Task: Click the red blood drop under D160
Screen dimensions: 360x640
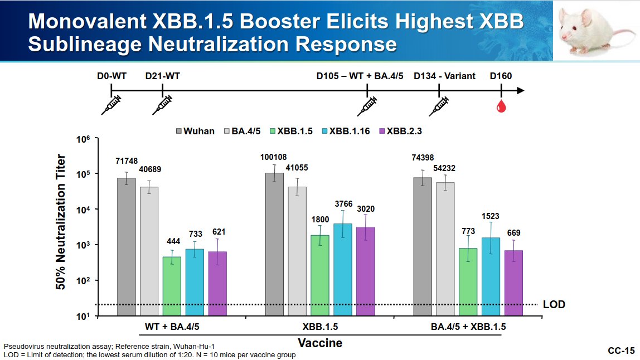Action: coord(501,106)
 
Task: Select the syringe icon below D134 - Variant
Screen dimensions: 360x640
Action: coord(438,105)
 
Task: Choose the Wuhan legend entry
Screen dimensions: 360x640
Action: coord(195,131)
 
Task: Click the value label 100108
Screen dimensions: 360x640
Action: coord(273,157)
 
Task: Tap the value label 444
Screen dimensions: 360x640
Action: coord(171,241)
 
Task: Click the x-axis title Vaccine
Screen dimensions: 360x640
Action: coord(319,343)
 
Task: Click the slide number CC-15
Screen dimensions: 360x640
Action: coord(621,351)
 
